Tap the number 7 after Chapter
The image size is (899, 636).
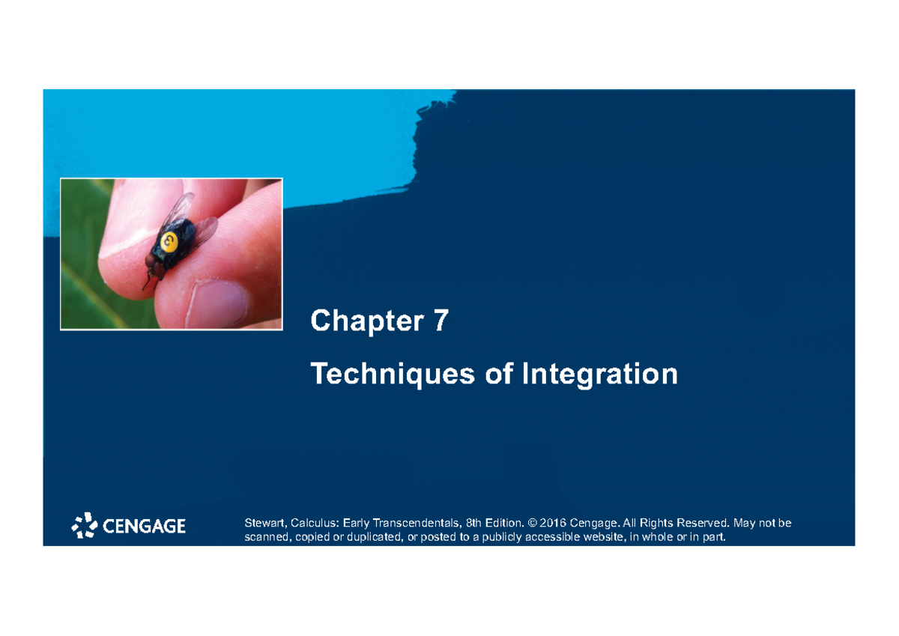point(440,321)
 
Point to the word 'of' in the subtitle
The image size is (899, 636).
point(498,373)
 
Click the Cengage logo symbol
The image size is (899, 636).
point(84,526)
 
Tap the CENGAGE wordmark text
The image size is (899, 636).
point(144,527)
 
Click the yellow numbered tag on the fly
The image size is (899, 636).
point(170,241)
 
